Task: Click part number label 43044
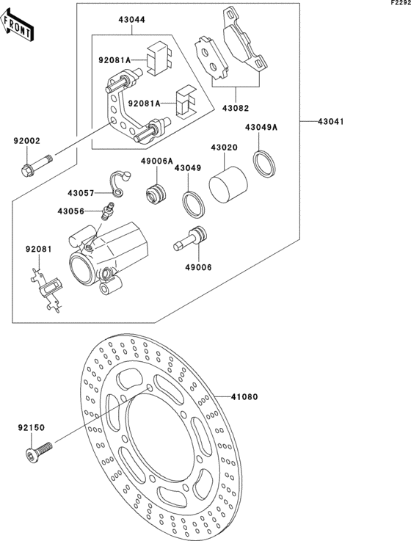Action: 132,20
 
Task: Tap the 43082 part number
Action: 236,108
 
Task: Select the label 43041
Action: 330,121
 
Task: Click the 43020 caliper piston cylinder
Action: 228,184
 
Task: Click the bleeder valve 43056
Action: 107,211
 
